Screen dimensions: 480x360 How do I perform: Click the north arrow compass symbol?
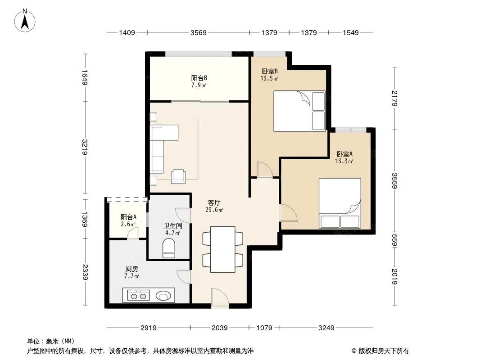pos(25,21)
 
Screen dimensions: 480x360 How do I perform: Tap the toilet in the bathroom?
pos(169,248)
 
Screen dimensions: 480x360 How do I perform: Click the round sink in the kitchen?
pos(163,296)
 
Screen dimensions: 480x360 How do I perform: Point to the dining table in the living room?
pos(222,249)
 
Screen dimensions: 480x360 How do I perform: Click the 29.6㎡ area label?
pos(214,210)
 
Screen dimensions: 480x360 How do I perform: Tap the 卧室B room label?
pos(270,71)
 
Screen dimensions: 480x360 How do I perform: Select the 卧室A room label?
pos(344,154)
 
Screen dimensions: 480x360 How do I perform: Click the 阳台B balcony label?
pos(199,78)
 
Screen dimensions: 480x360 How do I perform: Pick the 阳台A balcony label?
pos(128,217)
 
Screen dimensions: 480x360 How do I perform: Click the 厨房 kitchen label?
pos(131,269)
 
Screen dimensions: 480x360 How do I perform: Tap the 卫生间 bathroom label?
pos(172,226)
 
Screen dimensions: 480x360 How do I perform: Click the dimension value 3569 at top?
pos(199,32)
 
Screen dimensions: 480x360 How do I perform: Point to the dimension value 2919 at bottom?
pos(149,328)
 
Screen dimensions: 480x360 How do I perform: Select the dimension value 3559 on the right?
pos(394,181)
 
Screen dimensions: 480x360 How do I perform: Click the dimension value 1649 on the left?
pos(85,78)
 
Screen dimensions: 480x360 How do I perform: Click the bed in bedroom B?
pos(299,111)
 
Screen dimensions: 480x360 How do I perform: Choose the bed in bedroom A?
pos(340,203)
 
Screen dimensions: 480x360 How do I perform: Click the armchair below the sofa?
pos(178,176)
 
